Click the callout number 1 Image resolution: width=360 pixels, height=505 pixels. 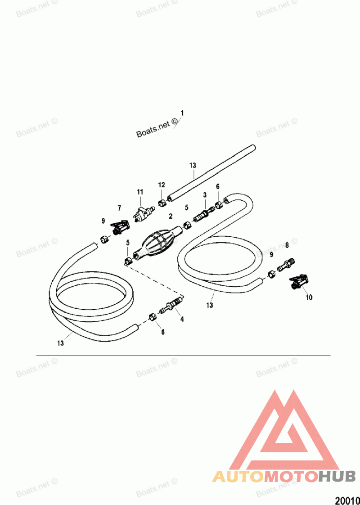(x=182, y=112)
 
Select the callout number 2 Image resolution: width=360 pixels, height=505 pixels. (x=171, y=216)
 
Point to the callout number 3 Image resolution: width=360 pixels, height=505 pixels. (x=205, y=195)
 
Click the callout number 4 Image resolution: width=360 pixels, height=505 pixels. (x=182, y=319)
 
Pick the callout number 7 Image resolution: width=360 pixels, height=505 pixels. (x=119, y=207)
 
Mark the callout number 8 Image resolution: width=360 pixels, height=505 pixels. (x=287, y=245)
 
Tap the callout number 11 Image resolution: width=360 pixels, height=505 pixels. (x=139, y=192)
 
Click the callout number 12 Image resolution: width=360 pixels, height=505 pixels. (x=161, y=185)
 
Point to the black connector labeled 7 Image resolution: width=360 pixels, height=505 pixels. (x=120, y=228)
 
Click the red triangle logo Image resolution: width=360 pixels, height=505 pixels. (x=285, y=432)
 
